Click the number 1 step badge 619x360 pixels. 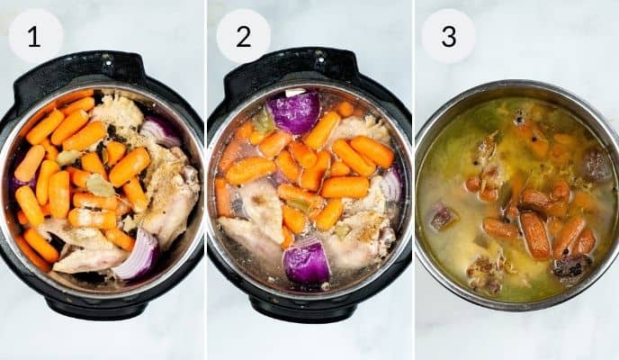coord(35,36)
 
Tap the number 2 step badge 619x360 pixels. coord(244,36)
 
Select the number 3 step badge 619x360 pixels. coord(448,36)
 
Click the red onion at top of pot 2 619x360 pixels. coord(294,112)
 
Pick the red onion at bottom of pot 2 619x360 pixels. coord(307,263)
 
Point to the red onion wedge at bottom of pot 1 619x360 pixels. coord(137,257)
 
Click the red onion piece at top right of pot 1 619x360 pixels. coord(161,131)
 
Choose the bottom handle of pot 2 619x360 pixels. coord(309,306)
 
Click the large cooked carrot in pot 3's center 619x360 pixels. coord(535,235)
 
